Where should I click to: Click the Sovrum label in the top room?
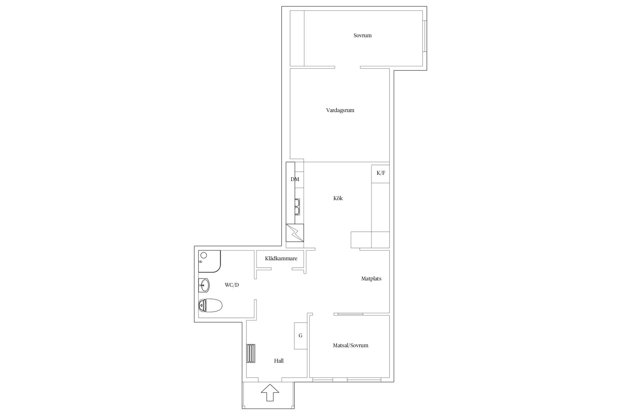[x=362, y=36]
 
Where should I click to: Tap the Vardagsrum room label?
[x=340, y=110]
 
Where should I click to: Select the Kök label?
[x=338, y=198]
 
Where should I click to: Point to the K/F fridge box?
[x=381, y=174]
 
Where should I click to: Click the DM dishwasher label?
[x=295, y=179]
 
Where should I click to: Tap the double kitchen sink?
[x=297, y=207]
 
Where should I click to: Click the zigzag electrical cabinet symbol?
[x=295, y=233]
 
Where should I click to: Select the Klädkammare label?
[x=281, y=259]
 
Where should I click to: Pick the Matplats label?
[x=371, y=279]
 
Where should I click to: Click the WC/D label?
[x=232, y=285]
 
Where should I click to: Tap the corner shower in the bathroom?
[x=209, y=261]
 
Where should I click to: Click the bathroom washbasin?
[x=204, y=285]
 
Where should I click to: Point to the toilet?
[x=210, y=306]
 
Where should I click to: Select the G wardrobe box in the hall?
[x=301, y=336]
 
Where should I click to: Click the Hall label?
[x=279, y=361]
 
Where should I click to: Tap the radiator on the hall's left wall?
[x=251, y=353]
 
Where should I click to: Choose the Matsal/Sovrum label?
[x=351, y=346]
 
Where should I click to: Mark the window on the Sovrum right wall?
[x=425, y=36]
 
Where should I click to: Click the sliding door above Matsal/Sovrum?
[x=348, y=314]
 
